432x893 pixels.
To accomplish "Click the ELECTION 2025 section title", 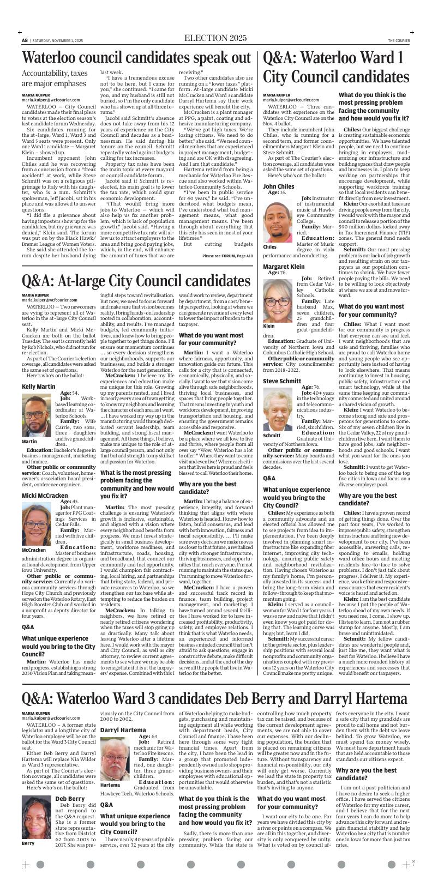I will coord(215,38).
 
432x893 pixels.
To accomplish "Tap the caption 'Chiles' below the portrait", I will coord(271,247).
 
